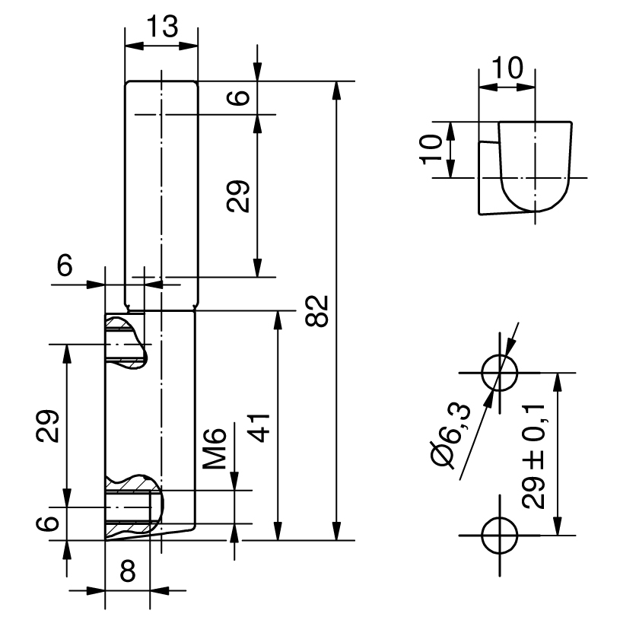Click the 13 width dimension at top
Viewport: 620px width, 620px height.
(x=161, y=27)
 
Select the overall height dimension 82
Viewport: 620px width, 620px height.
(x=319, y=310)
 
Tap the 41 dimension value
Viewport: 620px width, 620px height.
(x=261, y=428)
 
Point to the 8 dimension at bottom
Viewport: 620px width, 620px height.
(x=128, y=571)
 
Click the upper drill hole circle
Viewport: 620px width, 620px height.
(x=500, y=373)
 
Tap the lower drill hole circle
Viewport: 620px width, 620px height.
(x=500, y=535)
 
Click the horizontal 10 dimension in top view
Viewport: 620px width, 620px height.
(x=507, y=69)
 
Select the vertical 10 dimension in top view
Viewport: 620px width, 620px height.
(x=431, y=149)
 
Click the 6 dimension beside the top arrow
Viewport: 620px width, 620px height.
(x=240, y=97)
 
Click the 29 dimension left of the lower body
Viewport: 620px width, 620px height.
(x=47, y=426)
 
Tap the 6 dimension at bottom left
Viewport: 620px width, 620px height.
(x=47, y=523)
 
